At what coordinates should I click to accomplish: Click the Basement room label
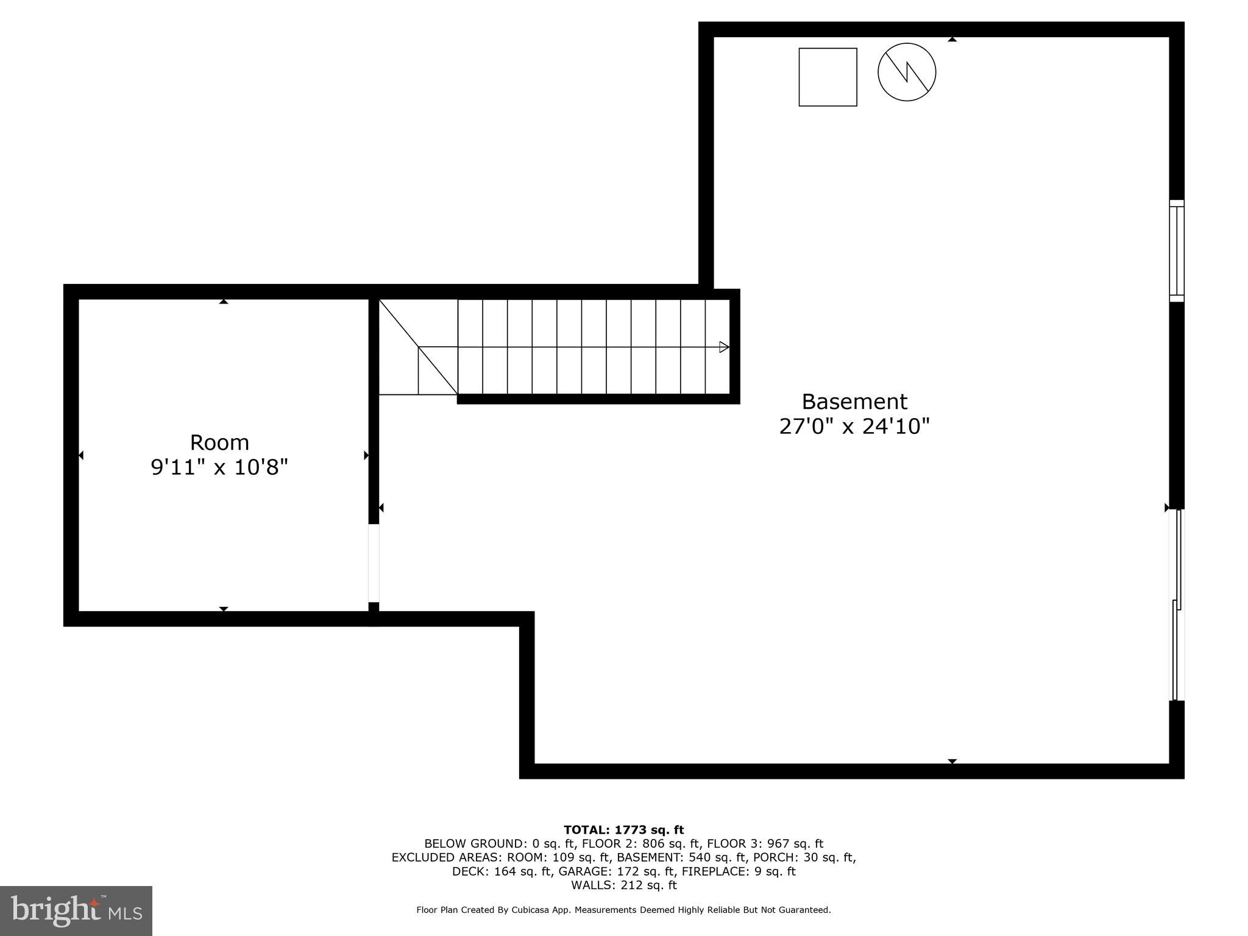854,402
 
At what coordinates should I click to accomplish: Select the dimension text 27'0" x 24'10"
854,427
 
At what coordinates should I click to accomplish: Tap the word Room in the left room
219,442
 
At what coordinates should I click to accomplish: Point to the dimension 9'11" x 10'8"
219,467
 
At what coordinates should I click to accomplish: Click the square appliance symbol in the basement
828,77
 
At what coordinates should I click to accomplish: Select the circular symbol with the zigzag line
907,72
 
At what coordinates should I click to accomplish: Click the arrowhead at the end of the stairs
724,347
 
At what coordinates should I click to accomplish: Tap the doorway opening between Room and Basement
374,563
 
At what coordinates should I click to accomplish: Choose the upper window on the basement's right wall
1176,250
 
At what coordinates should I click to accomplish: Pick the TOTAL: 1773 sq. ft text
623,830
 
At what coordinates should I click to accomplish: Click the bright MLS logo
76,911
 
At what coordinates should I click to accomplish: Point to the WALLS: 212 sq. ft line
623,885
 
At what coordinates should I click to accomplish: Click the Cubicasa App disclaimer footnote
623,910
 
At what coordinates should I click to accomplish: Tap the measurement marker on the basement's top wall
952,40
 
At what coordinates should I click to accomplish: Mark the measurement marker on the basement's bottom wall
952,761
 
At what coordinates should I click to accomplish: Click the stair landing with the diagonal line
418,347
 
